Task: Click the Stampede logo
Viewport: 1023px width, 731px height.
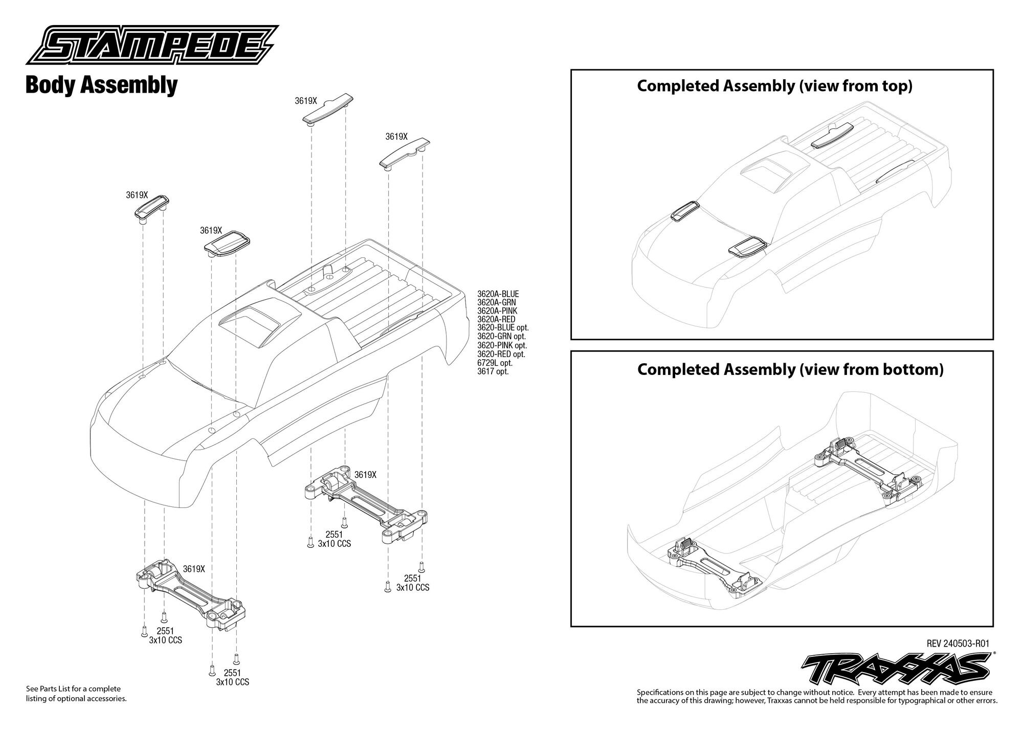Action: pyautogui.click(x=152, y=46)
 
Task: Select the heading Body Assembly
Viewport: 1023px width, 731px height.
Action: pyautogui.click(x=101, y=85)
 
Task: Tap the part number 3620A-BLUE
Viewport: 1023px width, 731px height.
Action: pyautogui.click(x=498, y=294)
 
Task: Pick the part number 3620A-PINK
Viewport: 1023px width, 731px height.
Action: pyautogui.click(x=497, y=311)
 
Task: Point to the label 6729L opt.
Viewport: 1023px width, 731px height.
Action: pyautogui.click(x=495, y=363)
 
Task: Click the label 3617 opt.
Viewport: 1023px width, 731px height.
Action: pyautogui.click(x=493, y=371)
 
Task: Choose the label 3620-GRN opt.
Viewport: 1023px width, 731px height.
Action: pyautogui.click(x=501, y=337)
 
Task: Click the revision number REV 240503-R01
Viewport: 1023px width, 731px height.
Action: pyautogui.click(x=960, y=644)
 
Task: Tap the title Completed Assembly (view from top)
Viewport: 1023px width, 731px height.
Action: pyautogui.click(x=774, y=86)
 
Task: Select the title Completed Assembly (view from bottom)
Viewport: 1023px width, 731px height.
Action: pyautogui.click(x=790, y=369)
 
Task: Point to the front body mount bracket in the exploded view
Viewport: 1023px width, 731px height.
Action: pyautogui.click(x=191, y=594)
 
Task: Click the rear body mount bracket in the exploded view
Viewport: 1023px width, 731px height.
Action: pyautogui.click(x=367, y=503)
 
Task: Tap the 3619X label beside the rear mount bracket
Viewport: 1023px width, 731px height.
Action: pyautogui.click(x=365, y=475)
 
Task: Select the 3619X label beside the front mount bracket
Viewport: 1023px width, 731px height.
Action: pyautogui.click(x=194, y=569)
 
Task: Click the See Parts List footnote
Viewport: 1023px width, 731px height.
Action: pyautogui.click(x=76, y=694)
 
